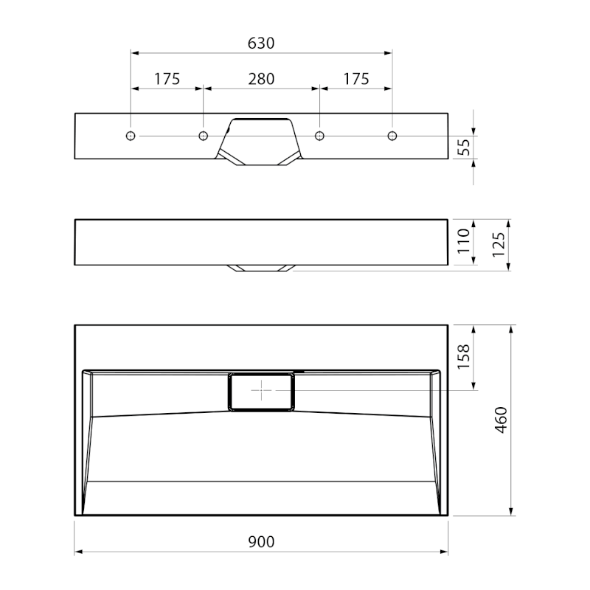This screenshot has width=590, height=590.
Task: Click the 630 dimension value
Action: coord(261,44)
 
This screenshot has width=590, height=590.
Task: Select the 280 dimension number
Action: coord(261,79)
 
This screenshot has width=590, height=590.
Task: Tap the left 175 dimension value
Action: coord(167,79)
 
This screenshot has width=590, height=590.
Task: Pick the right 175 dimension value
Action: coord(356,79)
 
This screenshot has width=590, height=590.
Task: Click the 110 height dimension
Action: coord(464,241)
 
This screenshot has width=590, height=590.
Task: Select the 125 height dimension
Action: coord(499,245)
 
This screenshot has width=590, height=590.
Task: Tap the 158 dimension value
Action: coord(464,357)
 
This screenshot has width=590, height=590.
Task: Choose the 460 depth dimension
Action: coord(501,420)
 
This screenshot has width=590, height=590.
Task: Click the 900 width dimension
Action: coord(261,541)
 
